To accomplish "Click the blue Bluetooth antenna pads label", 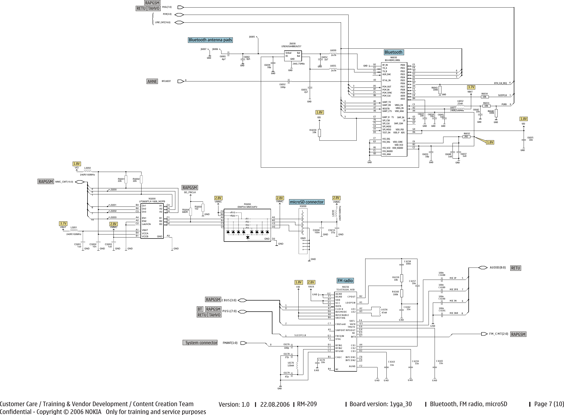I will [210, 40].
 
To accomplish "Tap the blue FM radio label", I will [345, 281].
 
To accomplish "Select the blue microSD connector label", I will [306, 202].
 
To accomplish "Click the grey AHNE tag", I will [152, 81].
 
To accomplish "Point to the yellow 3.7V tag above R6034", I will [471, 87].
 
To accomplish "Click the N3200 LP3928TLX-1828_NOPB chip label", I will [152, 200].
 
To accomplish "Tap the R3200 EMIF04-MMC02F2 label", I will [247, 205].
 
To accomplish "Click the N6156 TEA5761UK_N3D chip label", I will [345, 288].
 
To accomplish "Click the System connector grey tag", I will [201, 343].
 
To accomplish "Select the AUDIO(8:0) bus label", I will [498, 268].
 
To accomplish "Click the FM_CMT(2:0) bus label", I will [498, 334].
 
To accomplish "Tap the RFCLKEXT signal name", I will [166, 81].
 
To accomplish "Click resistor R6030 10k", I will [319, 133].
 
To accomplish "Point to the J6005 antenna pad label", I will [252, 37].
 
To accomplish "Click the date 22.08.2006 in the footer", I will [275, 405].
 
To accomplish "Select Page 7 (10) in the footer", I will [549, 404].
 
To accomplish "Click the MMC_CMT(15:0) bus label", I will [64, 182].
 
